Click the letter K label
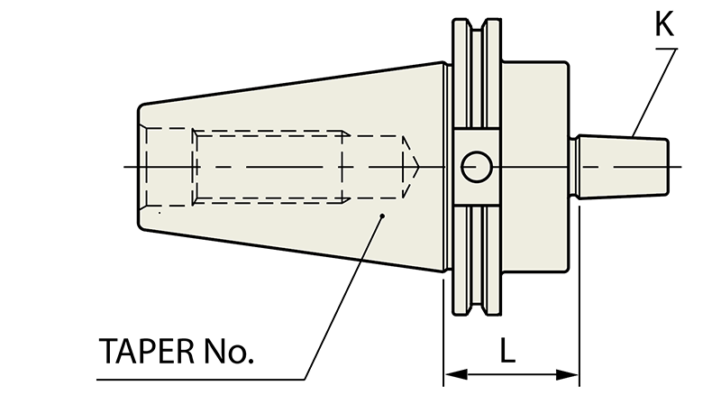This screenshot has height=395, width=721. point(664,24)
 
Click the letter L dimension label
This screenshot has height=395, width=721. point(507,350)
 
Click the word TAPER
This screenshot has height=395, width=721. point(147,352)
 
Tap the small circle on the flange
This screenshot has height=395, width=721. point(477,167)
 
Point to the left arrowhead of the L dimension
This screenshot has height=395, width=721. point(456,374)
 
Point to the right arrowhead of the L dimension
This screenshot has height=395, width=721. point(567,374)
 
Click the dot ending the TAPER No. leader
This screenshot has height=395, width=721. point(382,216)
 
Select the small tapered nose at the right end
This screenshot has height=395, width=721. point(623,167)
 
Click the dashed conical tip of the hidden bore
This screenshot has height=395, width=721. point(411,167)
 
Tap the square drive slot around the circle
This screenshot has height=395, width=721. point(477,167)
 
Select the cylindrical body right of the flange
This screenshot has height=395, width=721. point(534,167)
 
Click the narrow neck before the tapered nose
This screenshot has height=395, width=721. point(573,167)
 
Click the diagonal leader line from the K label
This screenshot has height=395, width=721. point(655,93)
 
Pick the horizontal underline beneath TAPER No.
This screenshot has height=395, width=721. point(201,380)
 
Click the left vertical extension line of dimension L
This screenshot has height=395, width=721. point(443,330)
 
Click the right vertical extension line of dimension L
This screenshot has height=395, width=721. point(580,297)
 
